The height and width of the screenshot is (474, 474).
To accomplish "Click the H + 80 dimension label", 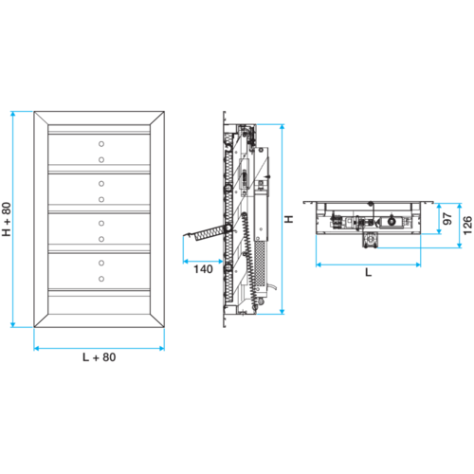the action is pos(7,219).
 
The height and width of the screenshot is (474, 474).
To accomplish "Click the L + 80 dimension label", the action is pos(100,357).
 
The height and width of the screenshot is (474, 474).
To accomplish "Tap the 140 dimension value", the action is pos(203,269).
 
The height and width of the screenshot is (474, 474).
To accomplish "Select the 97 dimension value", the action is pos(447,219).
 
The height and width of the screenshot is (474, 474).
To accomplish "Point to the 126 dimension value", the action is pos(467,226).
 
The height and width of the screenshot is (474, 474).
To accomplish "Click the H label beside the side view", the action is pos(289,219).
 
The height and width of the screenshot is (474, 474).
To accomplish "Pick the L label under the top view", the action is pos(368,272).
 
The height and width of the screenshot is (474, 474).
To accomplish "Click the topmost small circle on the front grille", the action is pos(101,144).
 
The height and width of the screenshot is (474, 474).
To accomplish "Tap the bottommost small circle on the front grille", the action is pos(101,279).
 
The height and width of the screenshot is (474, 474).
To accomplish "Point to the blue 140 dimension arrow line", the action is pos(203,262).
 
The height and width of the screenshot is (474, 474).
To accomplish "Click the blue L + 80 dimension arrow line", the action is pos(100,348).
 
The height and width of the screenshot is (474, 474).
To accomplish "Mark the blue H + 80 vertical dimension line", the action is pos(13,219).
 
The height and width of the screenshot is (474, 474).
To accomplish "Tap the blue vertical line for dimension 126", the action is pos(460,226).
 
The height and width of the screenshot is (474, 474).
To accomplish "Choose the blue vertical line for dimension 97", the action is pos(439,219).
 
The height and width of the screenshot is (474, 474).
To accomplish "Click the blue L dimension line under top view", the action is pos(369,264).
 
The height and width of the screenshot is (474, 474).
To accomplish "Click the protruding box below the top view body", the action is pos(370,240).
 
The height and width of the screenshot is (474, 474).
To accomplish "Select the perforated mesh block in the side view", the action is pos(260,264).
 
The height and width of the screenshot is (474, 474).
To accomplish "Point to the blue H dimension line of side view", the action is pos(283,219).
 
